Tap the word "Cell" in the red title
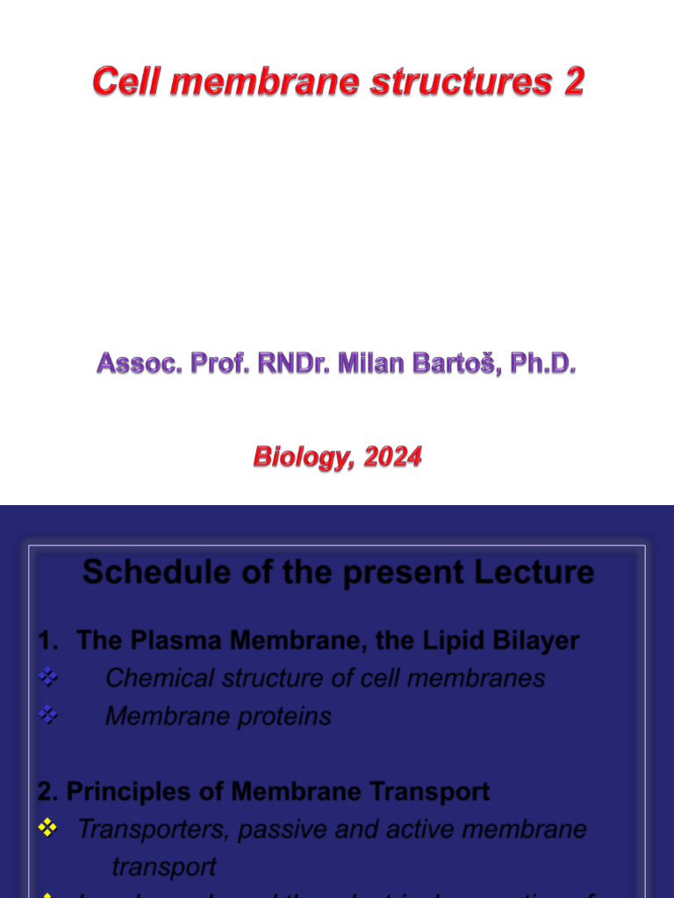click(122, 82)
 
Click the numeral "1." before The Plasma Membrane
click(49, 641)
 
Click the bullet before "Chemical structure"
click(48, 678)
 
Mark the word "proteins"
click(288, 716)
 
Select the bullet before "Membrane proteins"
click(48, 716)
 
